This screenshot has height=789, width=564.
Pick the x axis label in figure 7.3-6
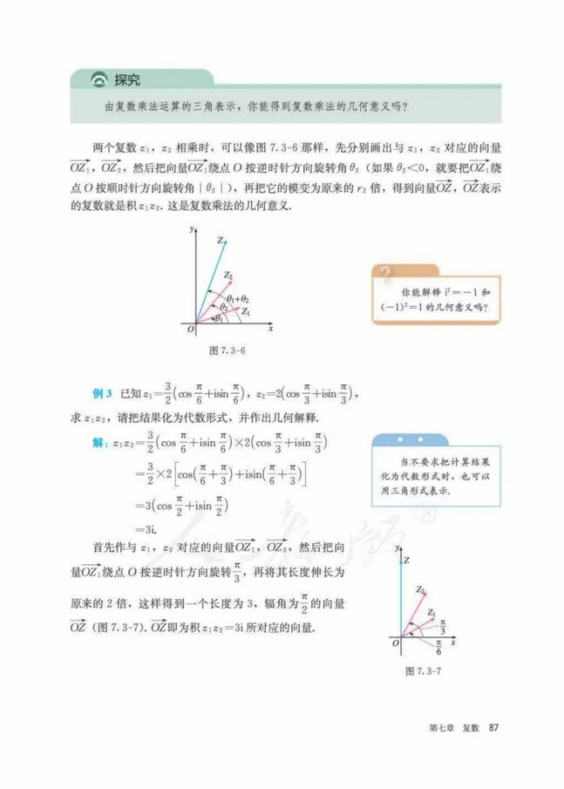tap(271, 329)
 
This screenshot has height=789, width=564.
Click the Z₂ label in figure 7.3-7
tap(420, 589)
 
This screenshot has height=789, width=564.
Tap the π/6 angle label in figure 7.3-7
tap(438, 649)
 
